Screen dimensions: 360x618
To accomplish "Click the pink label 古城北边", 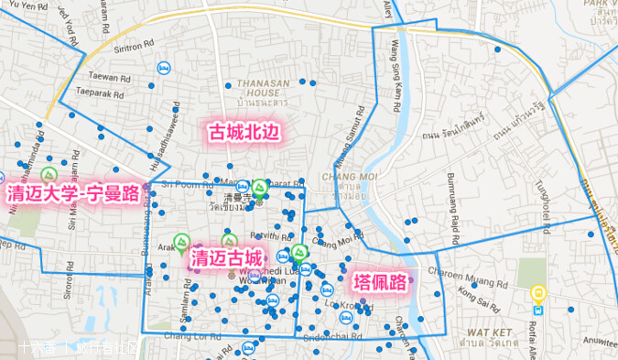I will (244, 132).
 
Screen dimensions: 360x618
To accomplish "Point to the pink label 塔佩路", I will (379, 283).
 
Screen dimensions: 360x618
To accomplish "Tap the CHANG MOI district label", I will (344, 181).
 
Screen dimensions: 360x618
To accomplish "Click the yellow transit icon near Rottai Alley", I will (539, 294).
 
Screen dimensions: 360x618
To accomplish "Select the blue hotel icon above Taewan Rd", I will (165, 67).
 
